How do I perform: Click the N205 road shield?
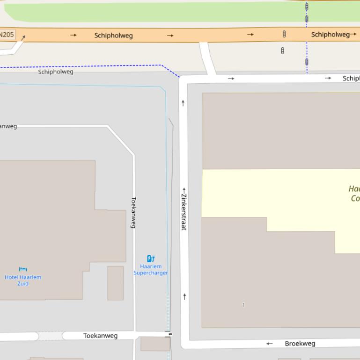coord(7,35)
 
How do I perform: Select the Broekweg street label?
coord(300,344)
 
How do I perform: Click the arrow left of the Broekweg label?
coord(269,344)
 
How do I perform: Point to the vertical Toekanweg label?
coord(133,212)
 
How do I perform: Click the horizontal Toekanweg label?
coord(100,336)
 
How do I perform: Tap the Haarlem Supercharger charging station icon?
coord(151,259)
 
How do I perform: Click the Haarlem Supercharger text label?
coord(151,270)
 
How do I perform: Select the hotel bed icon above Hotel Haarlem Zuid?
coord(23,269)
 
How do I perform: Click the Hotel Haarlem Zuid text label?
coord(23,280)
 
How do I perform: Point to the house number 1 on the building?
coord(243,305)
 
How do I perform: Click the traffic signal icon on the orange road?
coord(284,34)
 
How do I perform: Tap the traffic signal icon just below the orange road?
coord(282,50)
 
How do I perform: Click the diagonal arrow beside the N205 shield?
coord(23,37)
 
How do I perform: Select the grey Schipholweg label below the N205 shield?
coord(56,72)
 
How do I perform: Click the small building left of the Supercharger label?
coord(116,283)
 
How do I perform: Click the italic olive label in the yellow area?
coord(354,194)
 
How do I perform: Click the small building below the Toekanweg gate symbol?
coord(155,344)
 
